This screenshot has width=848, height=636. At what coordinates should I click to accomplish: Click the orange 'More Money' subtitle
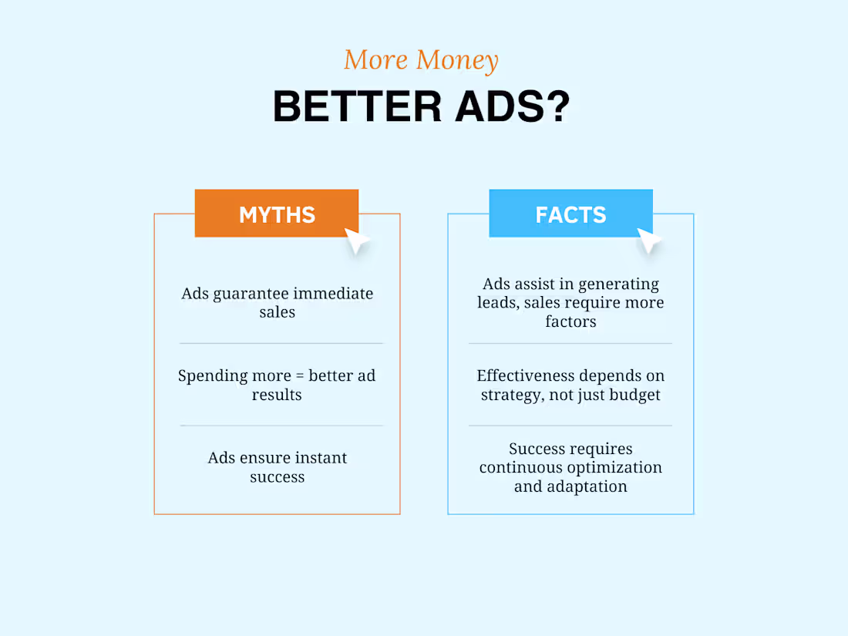coord(421,60)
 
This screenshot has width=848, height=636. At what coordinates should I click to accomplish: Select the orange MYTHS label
coord(277,214)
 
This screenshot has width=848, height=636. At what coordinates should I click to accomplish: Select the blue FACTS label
coord(570,214)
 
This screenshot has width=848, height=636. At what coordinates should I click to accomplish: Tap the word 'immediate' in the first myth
coord(336,294)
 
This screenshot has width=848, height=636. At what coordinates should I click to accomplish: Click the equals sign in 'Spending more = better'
coord(296,376)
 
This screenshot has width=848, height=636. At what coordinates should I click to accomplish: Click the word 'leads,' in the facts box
coord(498,303)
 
